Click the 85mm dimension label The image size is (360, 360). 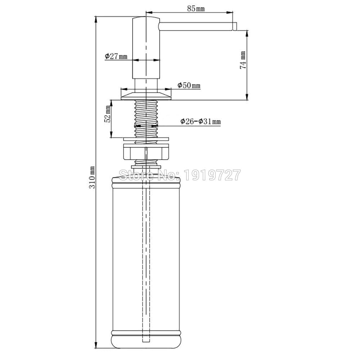click(x=196, y=9)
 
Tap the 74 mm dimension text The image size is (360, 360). click(x=243, y=60)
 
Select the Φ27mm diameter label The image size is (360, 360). click(x=116, y=56)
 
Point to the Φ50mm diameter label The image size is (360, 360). click(x=189, y=85)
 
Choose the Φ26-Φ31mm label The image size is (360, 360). click(x=201, y=121)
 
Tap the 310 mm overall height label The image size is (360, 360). click(x=92, y=177)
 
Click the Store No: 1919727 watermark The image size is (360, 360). click(x=180, y=175)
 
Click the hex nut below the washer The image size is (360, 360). click(x=146, y=152)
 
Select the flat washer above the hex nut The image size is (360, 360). click(x=146, y=139)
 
